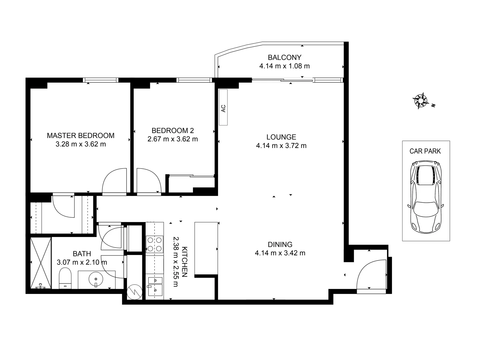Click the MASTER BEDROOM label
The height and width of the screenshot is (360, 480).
coord(80,136)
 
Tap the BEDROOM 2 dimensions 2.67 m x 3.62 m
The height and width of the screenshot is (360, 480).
coord(172,139)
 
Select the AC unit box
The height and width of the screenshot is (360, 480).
coord(223,107)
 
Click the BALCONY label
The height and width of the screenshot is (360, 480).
coord(284,57)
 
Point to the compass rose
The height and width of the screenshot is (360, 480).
coord(421,100)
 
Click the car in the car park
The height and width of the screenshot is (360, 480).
coord(426,197)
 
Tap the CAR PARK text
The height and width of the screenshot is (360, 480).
coord(425,151)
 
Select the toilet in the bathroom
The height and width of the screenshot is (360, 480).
coord(65,279)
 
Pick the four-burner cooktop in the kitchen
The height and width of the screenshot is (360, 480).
coord(155,244)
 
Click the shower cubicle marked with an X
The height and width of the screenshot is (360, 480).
coord(40,263)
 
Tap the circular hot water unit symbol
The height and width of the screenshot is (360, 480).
coord(135,292)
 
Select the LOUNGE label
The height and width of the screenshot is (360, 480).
coord(281,137)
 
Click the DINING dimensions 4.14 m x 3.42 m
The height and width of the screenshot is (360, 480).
coord(280,253)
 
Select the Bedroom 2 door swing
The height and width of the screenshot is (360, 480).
coord(149,180)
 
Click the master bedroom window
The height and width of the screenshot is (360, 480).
coord(101,80)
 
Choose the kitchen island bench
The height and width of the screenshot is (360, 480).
coord(206,248)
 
